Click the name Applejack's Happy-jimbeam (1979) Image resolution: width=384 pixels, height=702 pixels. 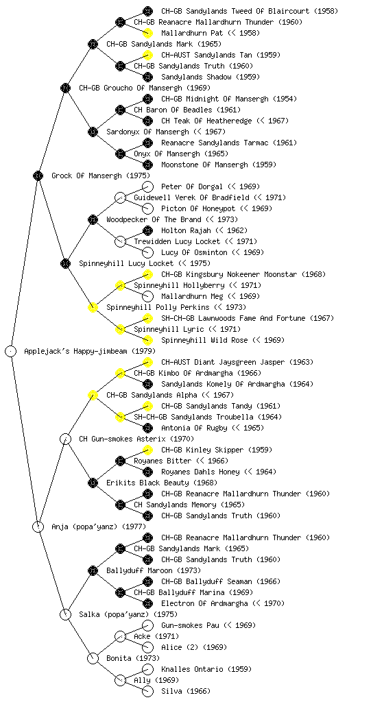pyautogui.click(x=90, y=351)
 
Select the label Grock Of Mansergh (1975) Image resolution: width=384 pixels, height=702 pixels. pyautogui.click(x=101, y=175)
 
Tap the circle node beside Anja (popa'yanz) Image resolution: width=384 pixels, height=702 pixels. pyautogui.click(x=38, y=526)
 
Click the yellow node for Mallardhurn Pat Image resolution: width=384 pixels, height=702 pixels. pyautogui.click(x=147, y=33)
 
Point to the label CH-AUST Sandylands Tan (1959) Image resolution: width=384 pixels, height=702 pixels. pyautogui.click(x=221, y=55)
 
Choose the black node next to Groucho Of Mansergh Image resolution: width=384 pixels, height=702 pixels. pyautogui.click(x=65, y=88)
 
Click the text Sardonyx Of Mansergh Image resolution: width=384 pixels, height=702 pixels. pyautogui.click(x=147, y=132)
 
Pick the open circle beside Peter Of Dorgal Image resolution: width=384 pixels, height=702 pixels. pyautogui.click(x=147, y=186)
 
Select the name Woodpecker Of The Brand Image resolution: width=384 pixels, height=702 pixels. pyautogui.click(x=154, y=219)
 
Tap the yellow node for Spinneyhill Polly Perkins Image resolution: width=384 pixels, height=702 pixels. pyautogui.click(x=93, y=307)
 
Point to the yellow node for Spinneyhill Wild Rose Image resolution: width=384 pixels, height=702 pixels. pyautogui.click(x=147, y=340)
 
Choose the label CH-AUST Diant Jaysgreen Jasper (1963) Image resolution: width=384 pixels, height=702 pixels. pyautogui.click(x=237, y=362)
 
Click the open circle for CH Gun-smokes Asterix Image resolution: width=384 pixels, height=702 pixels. pyautogui.click(x=65, y=439)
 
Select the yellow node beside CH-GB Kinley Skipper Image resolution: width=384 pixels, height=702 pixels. pyautogui.click(x=147, y=450)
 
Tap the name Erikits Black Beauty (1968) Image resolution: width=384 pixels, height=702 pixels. pyautogui.click(x=162, y=483)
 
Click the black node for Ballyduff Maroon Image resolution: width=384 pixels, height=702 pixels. pyautogui.click(x=93, y=570)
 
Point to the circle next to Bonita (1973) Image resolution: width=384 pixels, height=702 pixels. pyautogui.click(x=93, y=658)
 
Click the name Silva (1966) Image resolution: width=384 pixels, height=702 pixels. pyautogui.click(x=186, y=691)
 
